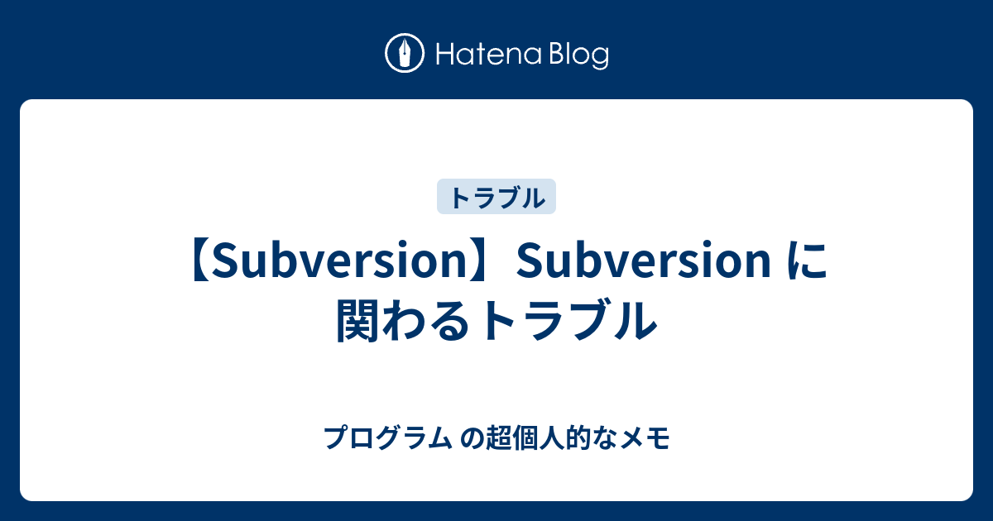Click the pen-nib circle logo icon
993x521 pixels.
(405, 54)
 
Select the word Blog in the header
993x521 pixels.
(576, 55)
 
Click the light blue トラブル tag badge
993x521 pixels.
(496, 197)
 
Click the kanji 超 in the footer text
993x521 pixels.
(494, 437)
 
